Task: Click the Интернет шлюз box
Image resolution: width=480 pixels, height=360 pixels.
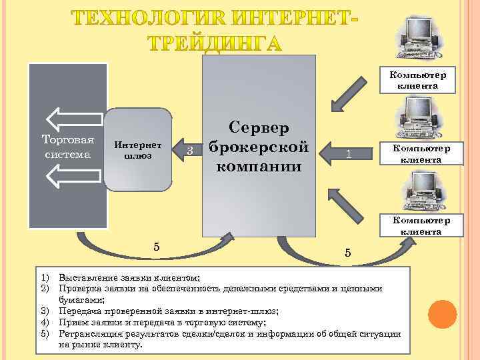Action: [x=137, y=151]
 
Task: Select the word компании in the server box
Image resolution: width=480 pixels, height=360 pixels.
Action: [x=259, y=165]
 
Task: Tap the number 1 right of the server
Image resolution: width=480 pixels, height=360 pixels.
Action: [x=348, y=155]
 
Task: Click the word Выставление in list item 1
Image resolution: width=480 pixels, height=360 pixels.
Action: [x=84, y=277]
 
